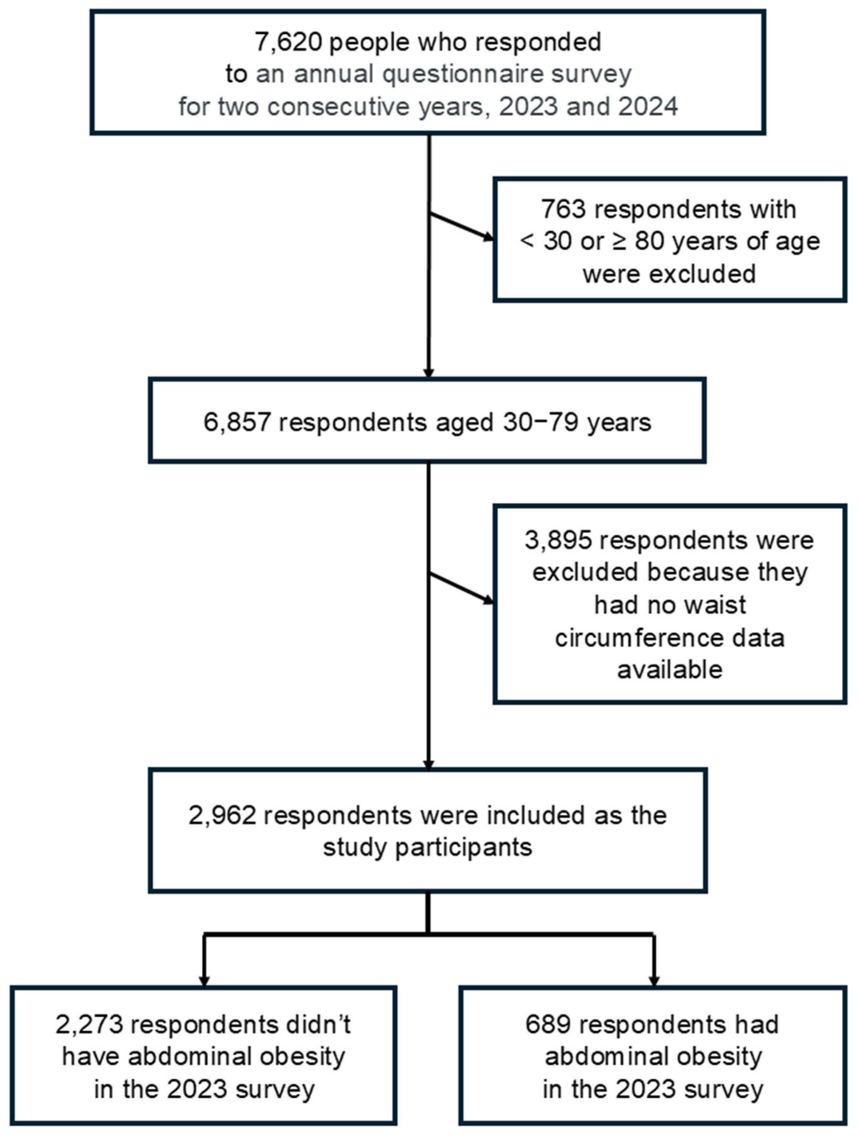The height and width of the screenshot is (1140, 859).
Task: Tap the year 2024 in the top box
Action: point(648,107)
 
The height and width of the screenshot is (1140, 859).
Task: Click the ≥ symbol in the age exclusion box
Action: point(619,241)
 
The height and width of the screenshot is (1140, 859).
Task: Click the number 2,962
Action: point(222,815)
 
